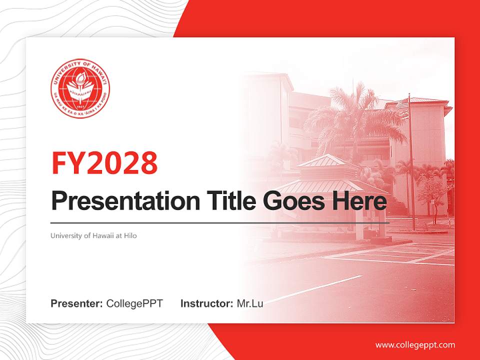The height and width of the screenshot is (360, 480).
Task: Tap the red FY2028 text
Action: tap(104, 162)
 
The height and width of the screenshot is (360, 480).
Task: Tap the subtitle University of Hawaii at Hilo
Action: tap(93, 235)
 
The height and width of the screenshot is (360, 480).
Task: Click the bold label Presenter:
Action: tap(77, 303)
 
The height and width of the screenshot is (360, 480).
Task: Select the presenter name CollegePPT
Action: tap(134, 303)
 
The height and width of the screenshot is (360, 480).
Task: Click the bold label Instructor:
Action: tap(206, 303)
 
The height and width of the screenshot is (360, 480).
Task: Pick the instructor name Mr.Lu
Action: tap(249, 303)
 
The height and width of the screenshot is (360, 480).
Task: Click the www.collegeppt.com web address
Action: tap(415, 345)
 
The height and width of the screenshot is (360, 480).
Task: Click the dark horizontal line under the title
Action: tap(220, 222)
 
